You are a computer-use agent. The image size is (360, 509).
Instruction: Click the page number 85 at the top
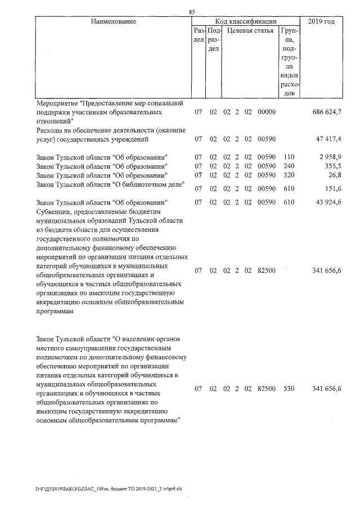[x=192, y=12]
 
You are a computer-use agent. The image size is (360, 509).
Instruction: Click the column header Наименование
[x=113, y=21]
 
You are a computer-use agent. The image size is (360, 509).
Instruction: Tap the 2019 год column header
[x=322, y=21]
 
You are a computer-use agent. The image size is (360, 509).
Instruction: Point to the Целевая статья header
[x=250, y=30]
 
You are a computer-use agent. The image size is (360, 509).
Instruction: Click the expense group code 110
[x=289, y=156]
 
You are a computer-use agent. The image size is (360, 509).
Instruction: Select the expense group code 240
[x=289, y=166]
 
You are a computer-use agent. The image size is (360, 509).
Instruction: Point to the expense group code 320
[x=289, y=175]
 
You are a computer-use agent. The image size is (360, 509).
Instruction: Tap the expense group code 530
[x=289, y=389]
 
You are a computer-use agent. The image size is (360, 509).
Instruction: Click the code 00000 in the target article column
[x=266, y=112]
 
